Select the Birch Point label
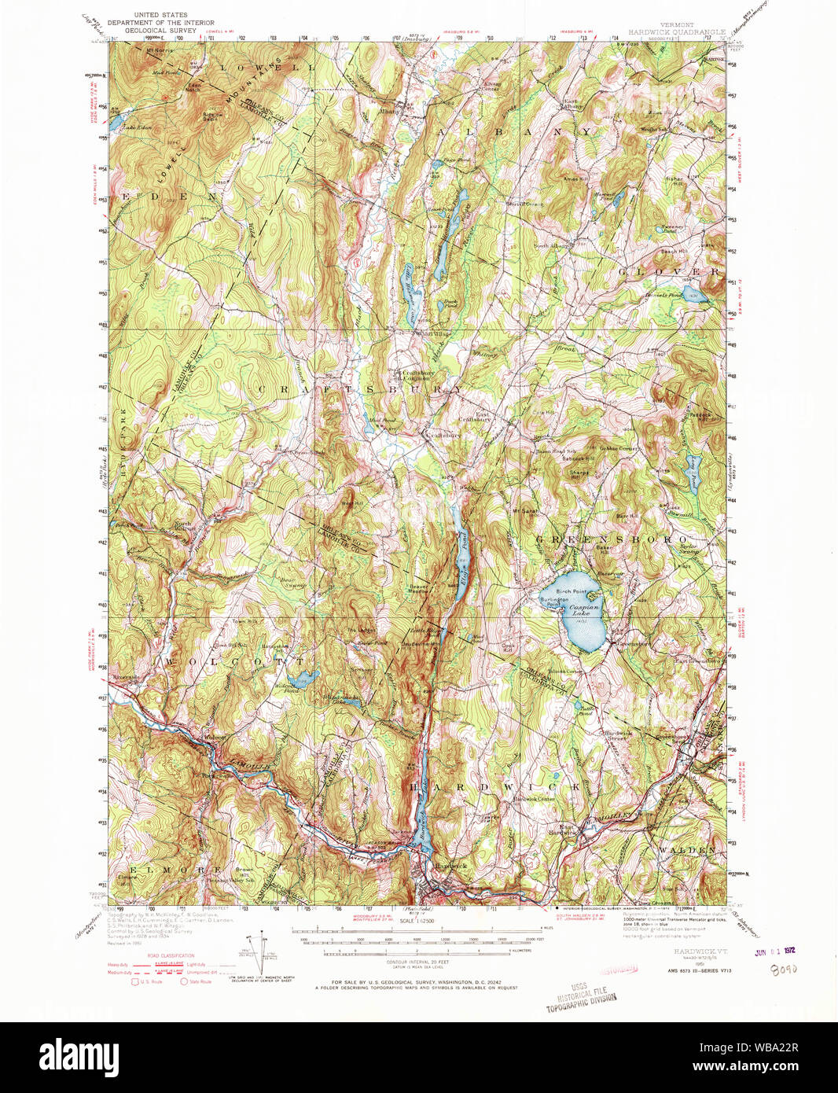(572, 591)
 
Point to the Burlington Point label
(553, 602)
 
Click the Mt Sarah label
(524, 512)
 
